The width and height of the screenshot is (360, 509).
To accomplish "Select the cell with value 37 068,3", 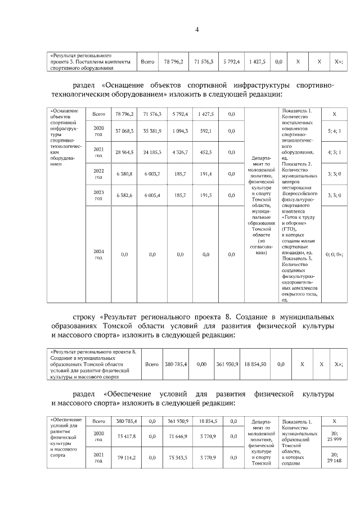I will pyautogui.click(x=124, y=131).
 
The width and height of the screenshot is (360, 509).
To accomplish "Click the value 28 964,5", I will pyautogui.click(x=124, y=152).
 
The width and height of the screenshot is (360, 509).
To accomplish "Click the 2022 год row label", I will pyautogui.click(x=98, y=174).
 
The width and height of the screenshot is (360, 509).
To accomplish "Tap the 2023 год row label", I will pyautogui.click(x=98, y=195).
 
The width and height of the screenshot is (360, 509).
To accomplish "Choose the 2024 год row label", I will pyautogui.click(x=98, y=254).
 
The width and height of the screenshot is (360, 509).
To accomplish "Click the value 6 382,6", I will pyautogui.click(x=124, y=195).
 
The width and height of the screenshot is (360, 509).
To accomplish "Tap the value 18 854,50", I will pyautogui.click(x=256, y=364).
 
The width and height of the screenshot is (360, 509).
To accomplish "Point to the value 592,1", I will pyautogui.click(x=205, y=131).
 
